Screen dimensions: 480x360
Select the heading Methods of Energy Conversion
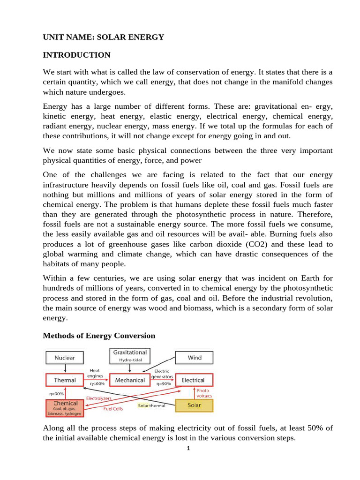tap(99, 336)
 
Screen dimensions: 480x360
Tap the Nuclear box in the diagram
tap(65, 358)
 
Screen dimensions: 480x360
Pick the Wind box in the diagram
tap(194, 358)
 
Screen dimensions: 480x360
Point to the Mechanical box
tap(130, 380)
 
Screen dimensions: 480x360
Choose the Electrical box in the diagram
tap(193, 380)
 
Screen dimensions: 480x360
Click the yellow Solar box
tap(194, 405)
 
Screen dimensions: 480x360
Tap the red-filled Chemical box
tap(66, 407)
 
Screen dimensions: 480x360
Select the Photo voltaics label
tap(204, 393)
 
